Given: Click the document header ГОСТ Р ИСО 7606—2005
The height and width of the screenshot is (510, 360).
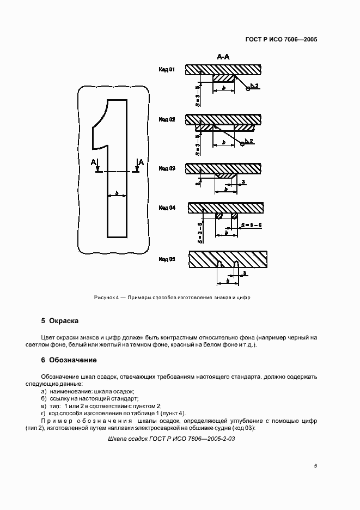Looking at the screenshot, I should point(282,40).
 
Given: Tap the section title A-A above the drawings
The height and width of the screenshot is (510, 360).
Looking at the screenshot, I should point(223,57).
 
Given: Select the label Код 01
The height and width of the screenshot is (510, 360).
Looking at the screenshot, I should point(167,70).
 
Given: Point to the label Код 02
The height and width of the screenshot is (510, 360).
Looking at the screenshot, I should point(167,119).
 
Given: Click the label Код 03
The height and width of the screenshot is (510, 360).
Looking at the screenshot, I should point(167,169).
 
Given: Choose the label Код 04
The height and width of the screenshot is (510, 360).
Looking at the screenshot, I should point(167,208).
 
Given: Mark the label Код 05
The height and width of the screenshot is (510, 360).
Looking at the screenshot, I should point(167,259).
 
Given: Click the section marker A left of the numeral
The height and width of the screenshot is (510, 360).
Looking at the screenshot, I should point(94,162).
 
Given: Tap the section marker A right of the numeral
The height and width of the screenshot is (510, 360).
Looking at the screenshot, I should point(141,162).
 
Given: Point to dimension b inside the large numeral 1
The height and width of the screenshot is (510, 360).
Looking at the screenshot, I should point(117,193).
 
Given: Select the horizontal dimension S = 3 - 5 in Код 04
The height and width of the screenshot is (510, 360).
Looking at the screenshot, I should point(252,224).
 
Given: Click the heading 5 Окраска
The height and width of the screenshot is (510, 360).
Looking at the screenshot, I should point(60,321).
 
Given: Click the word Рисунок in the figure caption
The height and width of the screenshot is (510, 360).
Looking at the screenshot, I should point(105,297).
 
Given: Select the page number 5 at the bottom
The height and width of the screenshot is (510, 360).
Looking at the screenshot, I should point(315,466).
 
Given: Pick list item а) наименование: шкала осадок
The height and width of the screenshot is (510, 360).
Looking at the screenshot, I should point(87,392).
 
